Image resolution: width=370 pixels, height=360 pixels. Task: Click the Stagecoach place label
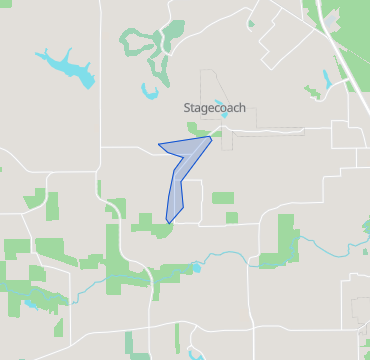point(214,108)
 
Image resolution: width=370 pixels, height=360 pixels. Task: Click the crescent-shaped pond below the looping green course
point(150,93)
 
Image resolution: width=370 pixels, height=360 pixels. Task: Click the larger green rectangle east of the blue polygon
point(223,198)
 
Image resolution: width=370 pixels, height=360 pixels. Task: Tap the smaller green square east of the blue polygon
point(232,217)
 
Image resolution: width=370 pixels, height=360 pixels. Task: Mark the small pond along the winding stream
point(196,267)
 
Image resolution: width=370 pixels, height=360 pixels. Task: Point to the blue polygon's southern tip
point(168,222)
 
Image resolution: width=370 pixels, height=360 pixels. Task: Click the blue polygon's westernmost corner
point(159,144)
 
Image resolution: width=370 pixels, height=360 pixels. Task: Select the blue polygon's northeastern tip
point(211,137)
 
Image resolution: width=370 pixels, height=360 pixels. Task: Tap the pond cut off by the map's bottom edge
point(196,355)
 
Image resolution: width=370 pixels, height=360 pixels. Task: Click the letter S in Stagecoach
point(187,108)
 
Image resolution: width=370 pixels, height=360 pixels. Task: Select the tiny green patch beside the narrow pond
point(313,93)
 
